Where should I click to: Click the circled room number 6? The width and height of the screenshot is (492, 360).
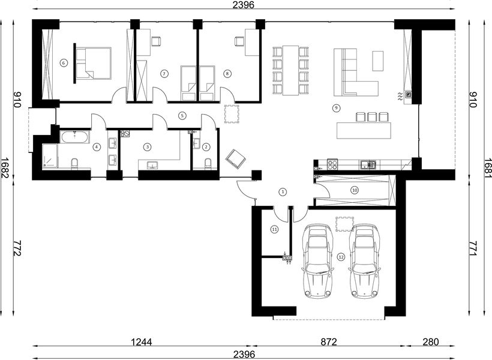point(64,63)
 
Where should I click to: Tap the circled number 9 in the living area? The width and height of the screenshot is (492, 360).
point(336,108)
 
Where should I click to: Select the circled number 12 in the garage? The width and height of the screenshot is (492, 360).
point(341,257)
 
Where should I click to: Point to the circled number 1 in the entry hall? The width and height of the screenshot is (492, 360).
point(283,191)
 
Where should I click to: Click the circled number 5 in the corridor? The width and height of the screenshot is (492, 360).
point(182,116)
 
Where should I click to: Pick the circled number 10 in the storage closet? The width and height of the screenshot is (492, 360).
point(355,190)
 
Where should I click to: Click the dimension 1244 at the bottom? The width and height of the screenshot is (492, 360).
point(142,341)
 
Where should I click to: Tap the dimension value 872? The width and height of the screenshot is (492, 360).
point(329,341)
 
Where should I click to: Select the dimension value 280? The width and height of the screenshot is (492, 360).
point(431,341)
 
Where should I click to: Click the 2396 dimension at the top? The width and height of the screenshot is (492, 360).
point(244,5)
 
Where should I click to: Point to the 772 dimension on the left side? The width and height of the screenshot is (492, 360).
point(17,248)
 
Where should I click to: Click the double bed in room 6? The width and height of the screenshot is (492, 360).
point(94,63)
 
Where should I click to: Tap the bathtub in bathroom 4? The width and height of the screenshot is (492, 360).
point(75,137)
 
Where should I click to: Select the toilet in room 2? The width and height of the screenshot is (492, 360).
point(208,164)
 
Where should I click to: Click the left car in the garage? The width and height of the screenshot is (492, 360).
point(317,261)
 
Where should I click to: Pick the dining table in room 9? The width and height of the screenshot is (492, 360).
point(290,70)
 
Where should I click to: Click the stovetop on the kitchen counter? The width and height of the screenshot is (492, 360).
point(332,164)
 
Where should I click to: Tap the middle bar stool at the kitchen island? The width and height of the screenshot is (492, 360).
point(372,117)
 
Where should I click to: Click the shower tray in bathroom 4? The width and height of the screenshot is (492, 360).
point(50,155)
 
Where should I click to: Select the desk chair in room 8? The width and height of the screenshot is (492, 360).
point(239,41)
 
